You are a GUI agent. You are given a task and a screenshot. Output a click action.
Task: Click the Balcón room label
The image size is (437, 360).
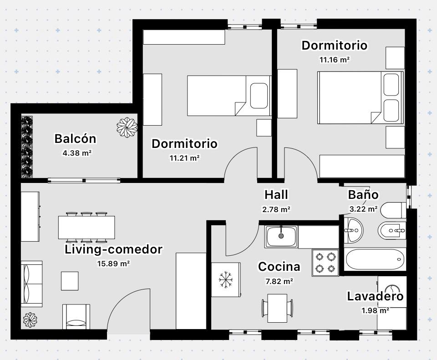click(x=75, y=138)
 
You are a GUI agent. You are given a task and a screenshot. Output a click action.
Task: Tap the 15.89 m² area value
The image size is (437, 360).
click(x=113, y=264)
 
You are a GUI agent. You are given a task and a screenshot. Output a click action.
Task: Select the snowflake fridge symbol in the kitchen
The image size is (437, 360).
click(x=226, y=279)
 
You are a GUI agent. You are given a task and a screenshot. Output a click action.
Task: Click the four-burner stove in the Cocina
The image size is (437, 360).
click(x=325, y=263)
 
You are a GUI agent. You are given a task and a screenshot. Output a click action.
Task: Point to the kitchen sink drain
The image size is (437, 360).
click(x=281, y=236)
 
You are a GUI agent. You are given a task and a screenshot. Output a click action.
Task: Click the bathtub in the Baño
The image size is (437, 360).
click(x=375, y=259)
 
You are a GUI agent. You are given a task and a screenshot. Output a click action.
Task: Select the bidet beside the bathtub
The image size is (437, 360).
click(x=391, y=231)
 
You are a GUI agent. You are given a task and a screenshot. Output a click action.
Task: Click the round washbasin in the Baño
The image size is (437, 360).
click(x=354, y=230)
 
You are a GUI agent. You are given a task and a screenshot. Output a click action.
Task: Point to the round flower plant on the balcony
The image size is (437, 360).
click(x=127, y=127)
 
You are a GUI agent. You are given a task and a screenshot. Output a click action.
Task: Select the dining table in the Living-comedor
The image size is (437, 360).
click(x=86, y=228)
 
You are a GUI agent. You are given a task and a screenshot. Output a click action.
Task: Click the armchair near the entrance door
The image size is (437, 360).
click(x=76, y=316)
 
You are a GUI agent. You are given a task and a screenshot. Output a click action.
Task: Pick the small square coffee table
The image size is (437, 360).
click(x=70, y=281)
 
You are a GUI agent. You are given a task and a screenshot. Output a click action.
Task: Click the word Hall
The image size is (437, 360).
click(x=276, y=195)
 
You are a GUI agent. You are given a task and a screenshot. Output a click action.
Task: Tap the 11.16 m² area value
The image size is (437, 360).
click(x=335, y=59)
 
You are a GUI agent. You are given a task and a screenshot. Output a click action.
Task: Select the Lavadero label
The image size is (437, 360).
click(x=375, y=296)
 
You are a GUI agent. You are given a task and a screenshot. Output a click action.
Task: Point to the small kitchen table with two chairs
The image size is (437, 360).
click(x=277, y=308)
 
